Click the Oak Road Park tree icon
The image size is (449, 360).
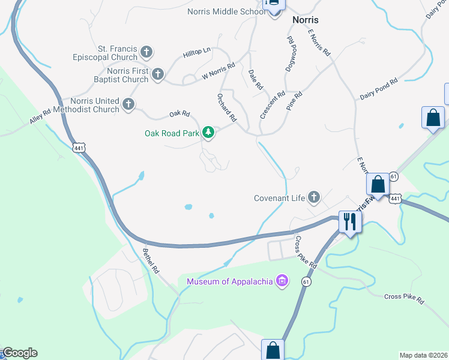coord(208,132)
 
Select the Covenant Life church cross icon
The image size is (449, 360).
coord(313,197)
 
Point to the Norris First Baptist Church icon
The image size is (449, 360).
coord(157,74)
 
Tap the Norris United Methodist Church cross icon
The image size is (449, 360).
coord(128,104)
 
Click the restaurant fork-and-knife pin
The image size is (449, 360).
coord(349,221)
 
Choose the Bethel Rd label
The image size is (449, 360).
coord(150,261)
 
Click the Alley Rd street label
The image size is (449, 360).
coord(41,116)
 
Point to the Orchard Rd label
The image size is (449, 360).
coord(227,106)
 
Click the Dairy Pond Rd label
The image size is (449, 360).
coord(379,89)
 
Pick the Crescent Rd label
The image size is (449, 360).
coord(272,104)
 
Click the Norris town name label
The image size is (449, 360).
coord(305,20)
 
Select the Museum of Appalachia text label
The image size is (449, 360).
coord(229,281)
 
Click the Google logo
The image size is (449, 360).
coord(20,353)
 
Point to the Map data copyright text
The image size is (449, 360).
coord(423,355)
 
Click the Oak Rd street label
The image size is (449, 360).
coord(179,113)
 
